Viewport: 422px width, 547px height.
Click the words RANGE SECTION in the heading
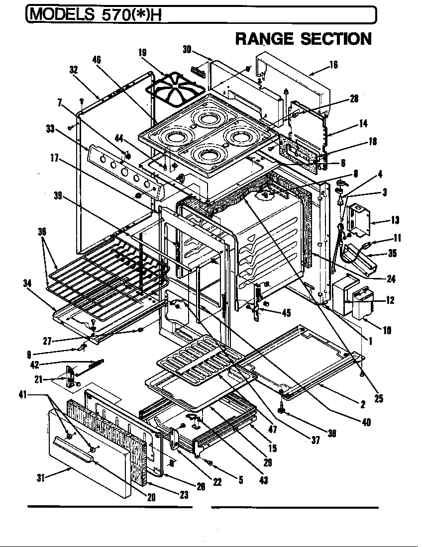[303, 38]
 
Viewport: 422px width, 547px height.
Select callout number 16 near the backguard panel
[333, 64]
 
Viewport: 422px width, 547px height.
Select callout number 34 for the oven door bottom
[27, 283]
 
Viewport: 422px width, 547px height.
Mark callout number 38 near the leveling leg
[331, 433]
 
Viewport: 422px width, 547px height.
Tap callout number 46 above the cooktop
[97, 60]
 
